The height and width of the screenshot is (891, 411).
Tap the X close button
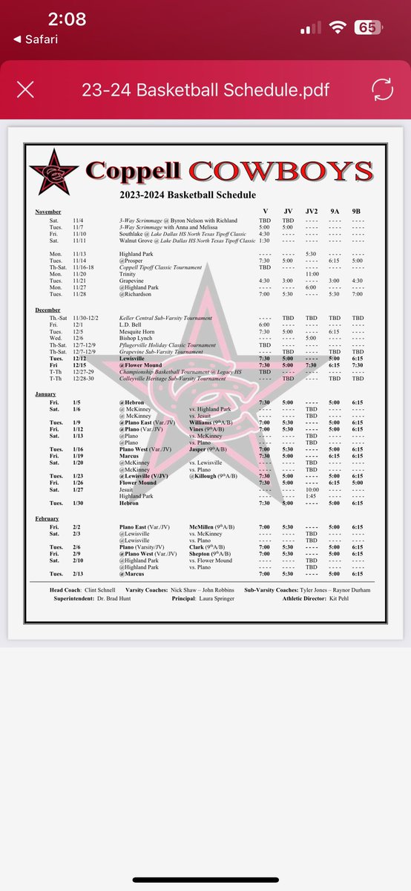25,90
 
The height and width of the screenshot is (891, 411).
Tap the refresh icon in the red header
384,90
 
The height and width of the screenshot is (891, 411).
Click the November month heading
48,212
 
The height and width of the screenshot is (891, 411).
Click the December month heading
48,308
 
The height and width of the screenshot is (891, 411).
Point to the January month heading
46,394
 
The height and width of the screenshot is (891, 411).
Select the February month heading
47,518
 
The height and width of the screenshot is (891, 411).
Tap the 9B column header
358,211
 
